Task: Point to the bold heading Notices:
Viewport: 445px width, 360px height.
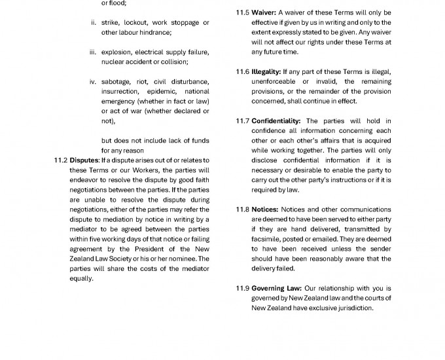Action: pos(265,209)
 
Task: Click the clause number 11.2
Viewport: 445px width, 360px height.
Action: pos(60,160)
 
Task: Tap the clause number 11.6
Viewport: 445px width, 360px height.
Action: pos(242,72)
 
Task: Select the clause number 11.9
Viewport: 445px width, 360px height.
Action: pos(242,288)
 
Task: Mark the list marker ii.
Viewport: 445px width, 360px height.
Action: pos(93,23)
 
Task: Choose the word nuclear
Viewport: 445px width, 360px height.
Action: pos(114,62)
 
